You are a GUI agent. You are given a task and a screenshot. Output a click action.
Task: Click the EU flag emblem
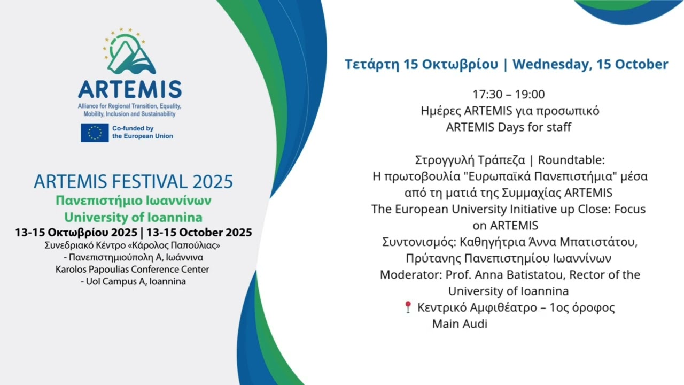click(95, 133)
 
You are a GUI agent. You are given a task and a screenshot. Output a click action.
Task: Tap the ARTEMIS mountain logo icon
click(129, 51)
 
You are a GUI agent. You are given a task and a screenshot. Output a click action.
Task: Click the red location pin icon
click(408, 307)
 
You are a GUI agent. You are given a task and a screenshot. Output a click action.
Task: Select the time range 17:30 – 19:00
click(508, 95)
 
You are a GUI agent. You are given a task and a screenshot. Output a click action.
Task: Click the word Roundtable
click(570, 160)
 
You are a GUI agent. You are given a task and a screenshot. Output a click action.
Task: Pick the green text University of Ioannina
click(133, 218)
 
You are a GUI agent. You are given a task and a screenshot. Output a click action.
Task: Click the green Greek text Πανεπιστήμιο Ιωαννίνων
click(134, 201)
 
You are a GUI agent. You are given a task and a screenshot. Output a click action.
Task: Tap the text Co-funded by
click(133, 128)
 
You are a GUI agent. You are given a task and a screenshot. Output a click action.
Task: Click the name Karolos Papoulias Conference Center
click(132, 269)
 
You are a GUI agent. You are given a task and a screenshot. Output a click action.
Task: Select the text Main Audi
click(460, 324)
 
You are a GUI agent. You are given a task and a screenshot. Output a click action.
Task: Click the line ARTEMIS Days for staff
click(508, 127)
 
